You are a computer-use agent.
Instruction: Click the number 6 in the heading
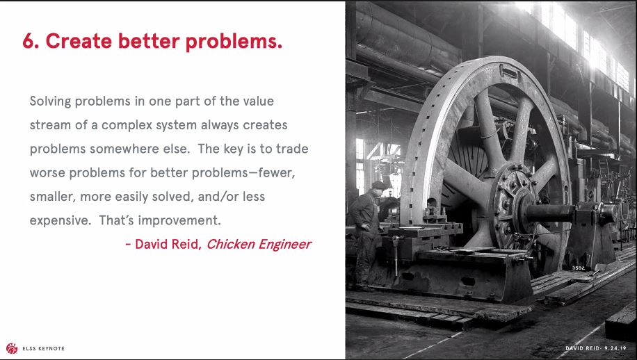29,41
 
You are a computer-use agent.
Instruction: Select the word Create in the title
79,41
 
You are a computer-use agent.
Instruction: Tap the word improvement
179,221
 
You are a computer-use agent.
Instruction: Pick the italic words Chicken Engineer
259,245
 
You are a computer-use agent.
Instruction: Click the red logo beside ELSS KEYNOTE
12,348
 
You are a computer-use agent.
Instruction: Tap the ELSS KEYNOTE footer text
44,349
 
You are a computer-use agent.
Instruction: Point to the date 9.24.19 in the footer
615,348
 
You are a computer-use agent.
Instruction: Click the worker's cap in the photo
379,185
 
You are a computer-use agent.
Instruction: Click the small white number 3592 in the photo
579,268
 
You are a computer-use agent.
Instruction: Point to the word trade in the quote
292,149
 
